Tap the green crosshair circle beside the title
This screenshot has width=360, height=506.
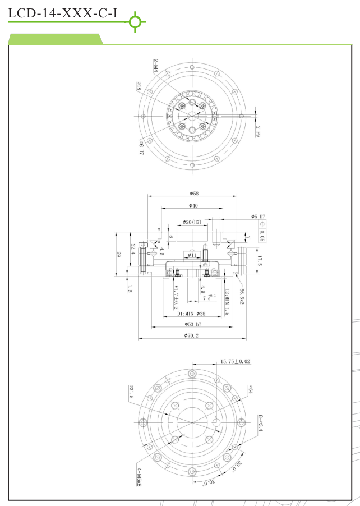tap(135, 22)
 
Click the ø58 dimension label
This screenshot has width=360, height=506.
tap(191, 193)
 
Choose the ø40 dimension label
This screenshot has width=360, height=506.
tap(191, 206)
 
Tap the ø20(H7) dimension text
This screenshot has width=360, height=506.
tap(192, 222)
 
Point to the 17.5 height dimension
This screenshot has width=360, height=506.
tap(259, 260)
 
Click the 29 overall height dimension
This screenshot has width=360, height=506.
tap(118, 254)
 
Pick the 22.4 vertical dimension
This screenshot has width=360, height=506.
tap(132, 249)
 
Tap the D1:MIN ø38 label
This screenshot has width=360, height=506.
tap(191, 314)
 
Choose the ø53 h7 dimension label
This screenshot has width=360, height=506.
tap(191, 324)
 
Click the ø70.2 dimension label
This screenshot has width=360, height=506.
tap(191, 335)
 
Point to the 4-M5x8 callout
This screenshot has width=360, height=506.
tap(139, 476)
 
